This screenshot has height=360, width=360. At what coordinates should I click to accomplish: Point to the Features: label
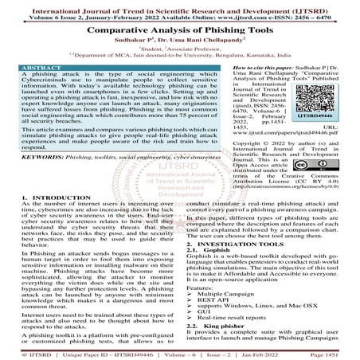click(x=197, y=287)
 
